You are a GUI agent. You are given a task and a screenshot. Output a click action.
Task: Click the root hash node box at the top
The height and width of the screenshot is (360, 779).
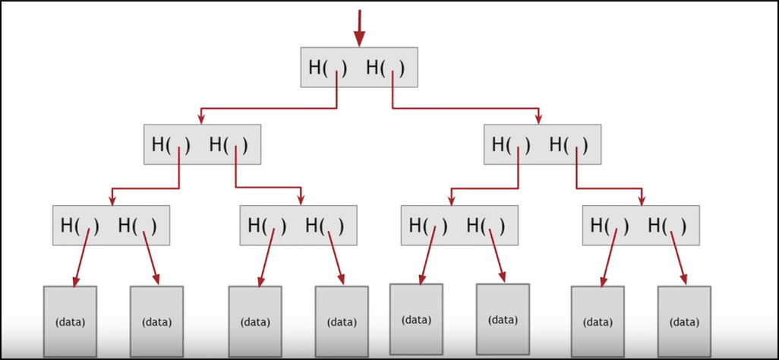coord(359,67)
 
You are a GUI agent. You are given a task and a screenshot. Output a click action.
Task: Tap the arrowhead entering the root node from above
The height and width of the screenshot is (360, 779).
coord(359,39)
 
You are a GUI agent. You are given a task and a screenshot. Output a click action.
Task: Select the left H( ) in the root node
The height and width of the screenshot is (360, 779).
coord(327,68)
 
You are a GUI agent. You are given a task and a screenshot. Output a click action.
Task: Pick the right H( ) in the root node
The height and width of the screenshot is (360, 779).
coord(385,68)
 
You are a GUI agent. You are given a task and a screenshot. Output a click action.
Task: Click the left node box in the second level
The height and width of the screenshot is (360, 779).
coord(202,144)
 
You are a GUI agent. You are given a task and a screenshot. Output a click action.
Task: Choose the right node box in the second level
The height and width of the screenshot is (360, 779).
coord(542,144)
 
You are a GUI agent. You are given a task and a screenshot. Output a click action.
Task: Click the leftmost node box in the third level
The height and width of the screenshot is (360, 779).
coord(111,225)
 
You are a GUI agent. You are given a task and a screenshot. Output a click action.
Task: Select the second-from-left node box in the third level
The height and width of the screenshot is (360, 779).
coord(298,225)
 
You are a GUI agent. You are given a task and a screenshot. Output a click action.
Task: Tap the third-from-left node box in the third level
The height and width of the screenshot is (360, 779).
coord(459,225)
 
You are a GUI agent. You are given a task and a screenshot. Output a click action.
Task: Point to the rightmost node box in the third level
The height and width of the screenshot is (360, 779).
coord(640,225)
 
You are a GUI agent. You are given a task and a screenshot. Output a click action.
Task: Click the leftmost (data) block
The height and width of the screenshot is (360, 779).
coord(70,321)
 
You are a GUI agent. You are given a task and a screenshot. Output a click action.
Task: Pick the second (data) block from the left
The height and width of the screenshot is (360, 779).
coord(156,321)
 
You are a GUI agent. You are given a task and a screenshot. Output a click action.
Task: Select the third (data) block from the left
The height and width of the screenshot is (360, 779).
coord(255,321)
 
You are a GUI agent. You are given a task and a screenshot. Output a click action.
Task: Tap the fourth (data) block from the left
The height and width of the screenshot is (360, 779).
coord(342,321)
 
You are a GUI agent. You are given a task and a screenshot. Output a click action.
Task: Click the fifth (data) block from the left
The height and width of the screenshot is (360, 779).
coord(416,320)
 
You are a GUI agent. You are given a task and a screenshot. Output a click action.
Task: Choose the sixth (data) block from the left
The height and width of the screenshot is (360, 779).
coord(503,320)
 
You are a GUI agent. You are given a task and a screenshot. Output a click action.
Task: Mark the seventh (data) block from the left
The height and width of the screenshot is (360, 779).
coord(598,321)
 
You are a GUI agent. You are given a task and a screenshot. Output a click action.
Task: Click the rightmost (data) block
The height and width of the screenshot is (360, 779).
coord(684,321)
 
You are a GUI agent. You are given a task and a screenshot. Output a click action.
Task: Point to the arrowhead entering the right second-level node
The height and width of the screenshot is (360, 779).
coord(538,118)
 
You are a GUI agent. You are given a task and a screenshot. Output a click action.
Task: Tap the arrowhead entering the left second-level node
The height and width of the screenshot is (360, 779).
coord(200,118)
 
